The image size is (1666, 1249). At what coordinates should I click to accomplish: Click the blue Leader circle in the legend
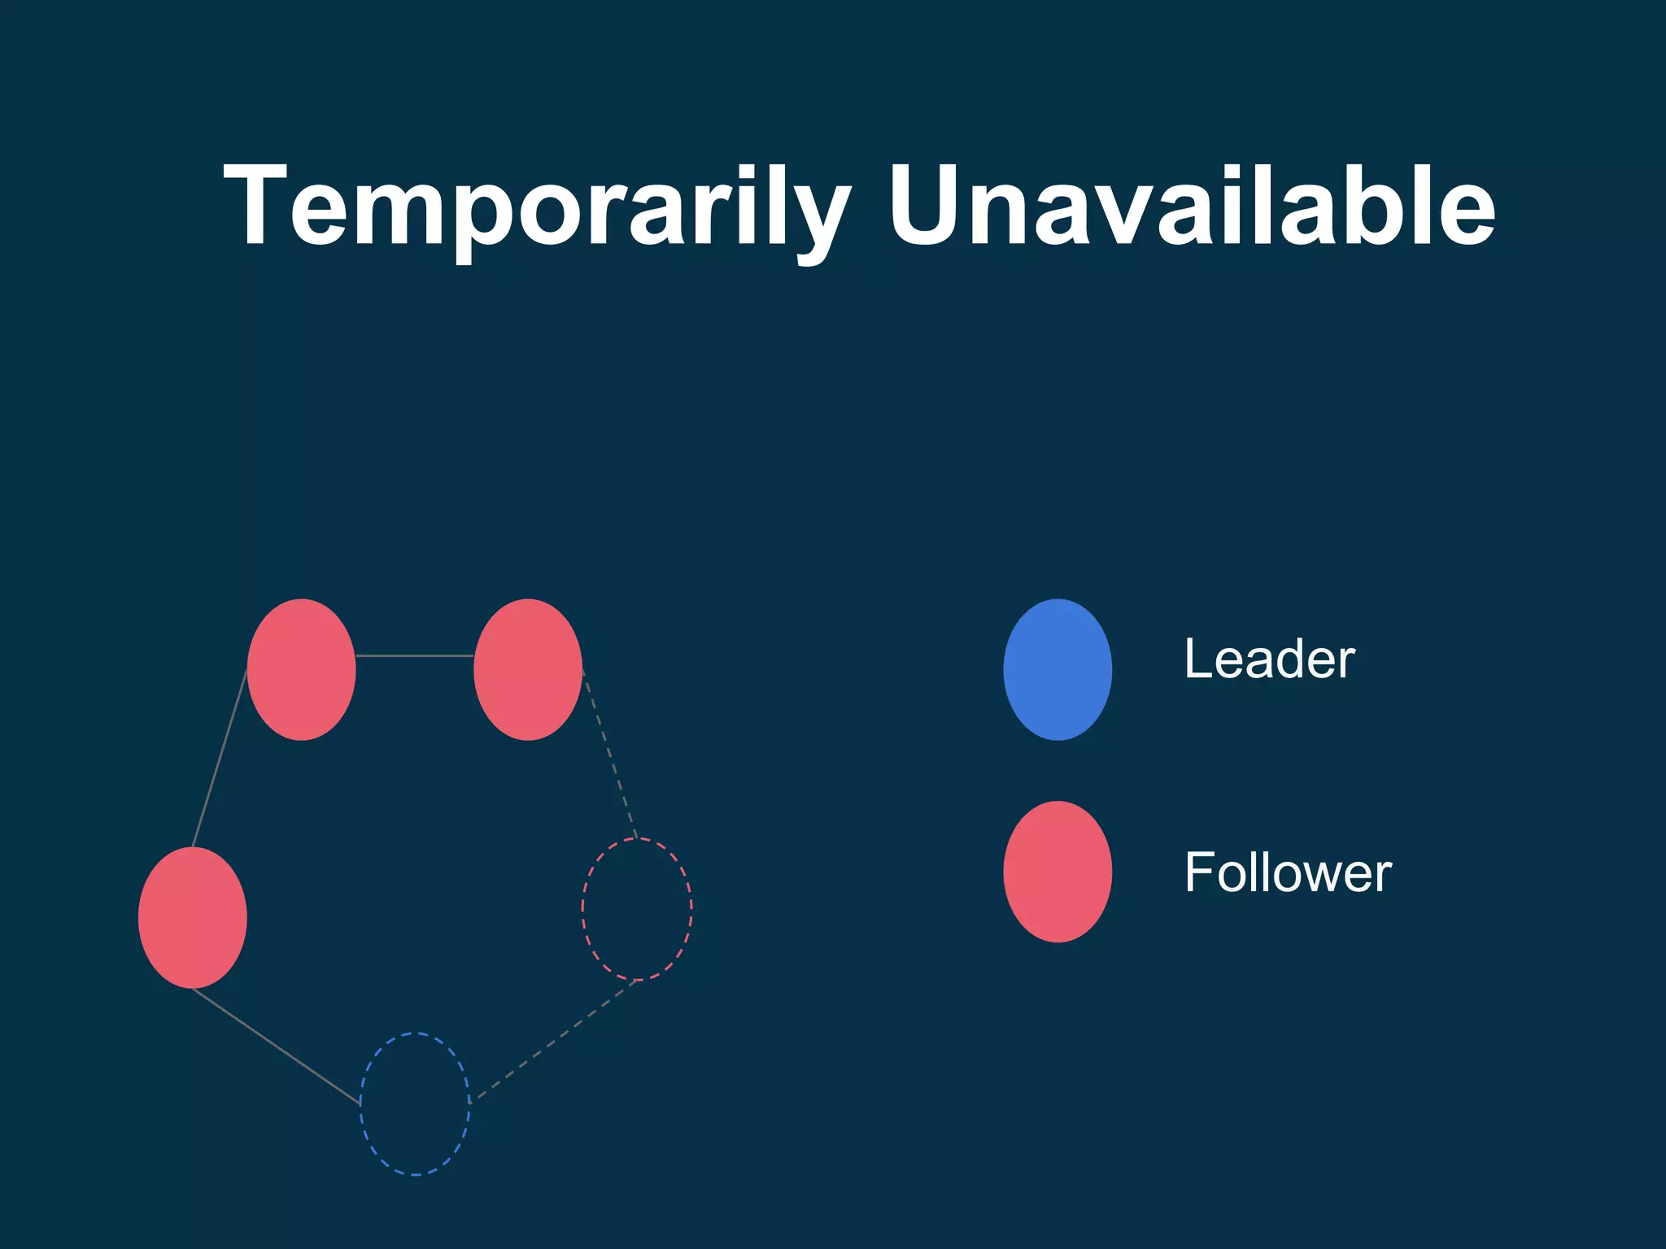[1058, 669]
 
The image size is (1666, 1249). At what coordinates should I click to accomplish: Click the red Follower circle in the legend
[1058, 872]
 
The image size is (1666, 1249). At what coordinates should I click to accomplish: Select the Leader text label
[1269, 659]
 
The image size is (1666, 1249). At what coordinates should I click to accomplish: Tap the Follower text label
[1288, 873]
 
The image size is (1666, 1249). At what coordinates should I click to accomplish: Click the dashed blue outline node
[415, 1103]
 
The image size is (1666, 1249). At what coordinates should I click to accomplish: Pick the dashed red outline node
[637, 908]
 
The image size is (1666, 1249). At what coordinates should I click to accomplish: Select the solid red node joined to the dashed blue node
[193, 917]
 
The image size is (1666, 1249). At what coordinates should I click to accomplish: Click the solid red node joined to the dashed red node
[528, 669]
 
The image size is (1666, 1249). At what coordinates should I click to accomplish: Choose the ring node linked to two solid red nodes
[302, 669]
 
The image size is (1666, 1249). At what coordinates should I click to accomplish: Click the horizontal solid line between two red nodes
[415, 655]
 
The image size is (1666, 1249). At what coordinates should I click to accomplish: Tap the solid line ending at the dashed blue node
[277, 1047]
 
